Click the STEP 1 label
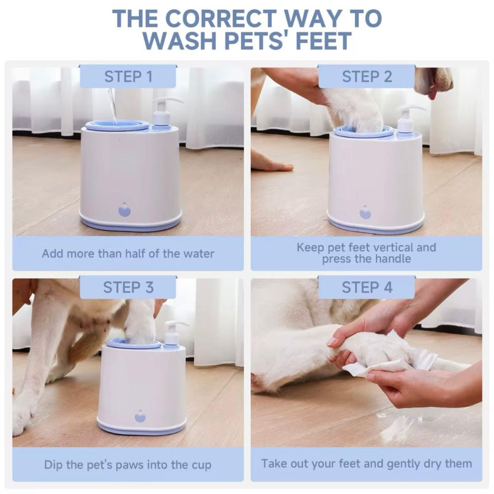coord(128,77)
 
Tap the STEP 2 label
coord(367,77)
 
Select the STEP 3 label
coord(128,287)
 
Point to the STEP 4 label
coord(367,287)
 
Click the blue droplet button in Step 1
coord(124,210)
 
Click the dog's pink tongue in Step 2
coord(432,93)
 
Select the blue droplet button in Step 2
coord(365,212)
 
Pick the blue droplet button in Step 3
coord(140,416)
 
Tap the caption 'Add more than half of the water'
coord(128,253)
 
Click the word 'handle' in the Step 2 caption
coord(393,259)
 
